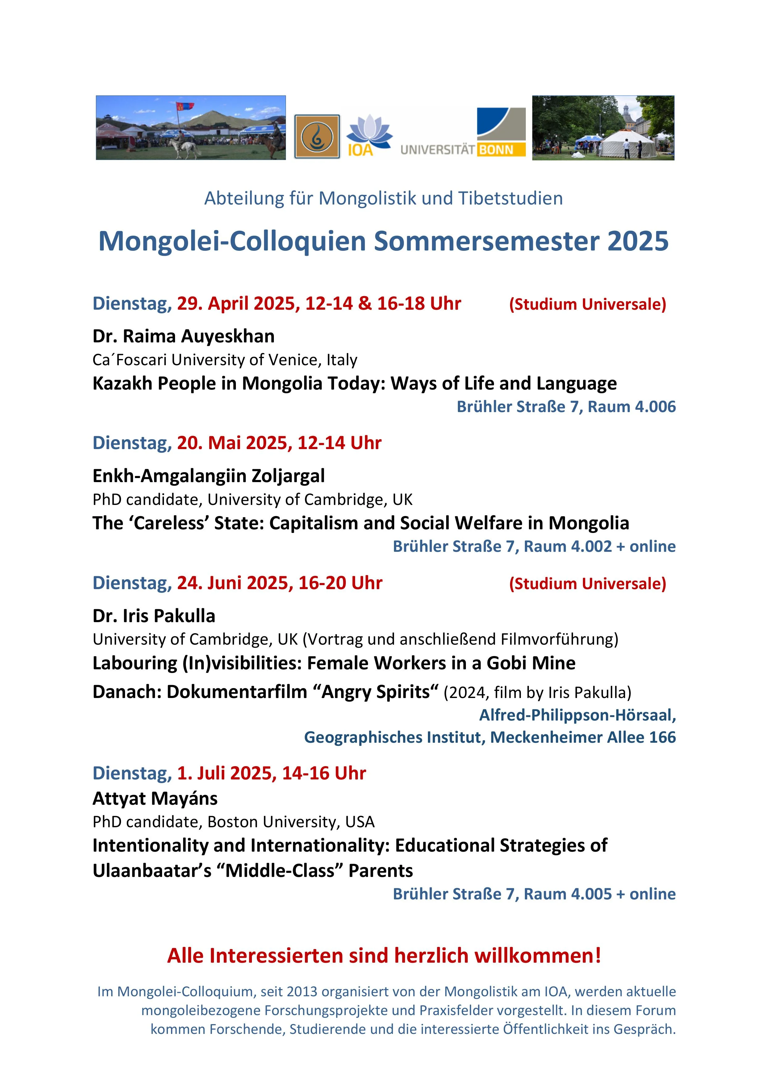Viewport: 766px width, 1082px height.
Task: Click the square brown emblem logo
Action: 317,137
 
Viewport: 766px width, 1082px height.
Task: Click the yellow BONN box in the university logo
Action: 501,150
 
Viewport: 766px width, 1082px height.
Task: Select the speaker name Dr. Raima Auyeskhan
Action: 183,336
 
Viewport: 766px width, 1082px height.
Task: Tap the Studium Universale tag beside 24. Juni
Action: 587,584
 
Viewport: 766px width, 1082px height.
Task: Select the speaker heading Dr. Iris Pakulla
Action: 154,616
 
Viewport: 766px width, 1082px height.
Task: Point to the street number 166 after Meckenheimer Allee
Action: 662,737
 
